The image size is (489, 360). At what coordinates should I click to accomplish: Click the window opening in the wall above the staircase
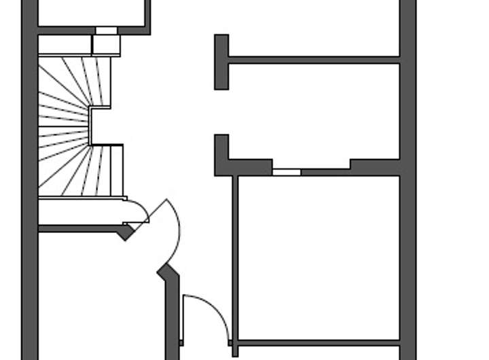pos(106,31)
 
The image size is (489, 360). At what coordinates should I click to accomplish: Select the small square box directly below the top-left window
pos(106,45)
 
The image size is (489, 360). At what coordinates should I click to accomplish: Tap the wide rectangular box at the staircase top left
pos(65,45)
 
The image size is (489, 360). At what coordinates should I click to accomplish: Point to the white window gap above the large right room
pos(286,172)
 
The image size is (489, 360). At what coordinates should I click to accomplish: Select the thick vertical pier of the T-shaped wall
pos(221,62)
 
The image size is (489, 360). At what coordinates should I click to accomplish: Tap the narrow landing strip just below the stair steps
pos(81,211)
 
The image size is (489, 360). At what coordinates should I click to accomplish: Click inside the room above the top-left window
pos(92,12)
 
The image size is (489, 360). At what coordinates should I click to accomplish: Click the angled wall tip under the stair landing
pos(126,232)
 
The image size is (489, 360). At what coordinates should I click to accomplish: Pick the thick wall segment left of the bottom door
pos(172,312)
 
